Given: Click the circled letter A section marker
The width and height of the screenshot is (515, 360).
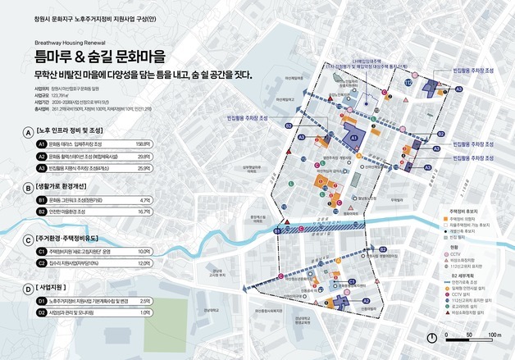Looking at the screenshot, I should point(29,130).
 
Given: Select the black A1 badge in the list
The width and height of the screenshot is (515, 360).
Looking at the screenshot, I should point(41,143).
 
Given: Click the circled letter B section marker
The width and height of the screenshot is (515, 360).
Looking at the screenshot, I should point(29,187).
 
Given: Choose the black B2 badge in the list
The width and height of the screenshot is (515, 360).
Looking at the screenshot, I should point(41,212).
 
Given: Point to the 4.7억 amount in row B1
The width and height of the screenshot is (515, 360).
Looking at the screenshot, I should point(145,199).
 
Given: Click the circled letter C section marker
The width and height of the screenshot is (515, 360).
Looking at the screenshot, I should point(29,239).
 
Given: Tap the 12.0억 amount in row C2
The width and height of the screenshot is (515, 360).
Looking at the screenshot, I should point(144,262).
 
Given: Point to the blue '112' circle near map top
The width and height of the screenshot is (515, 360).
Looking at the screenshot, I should point(408,81).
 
